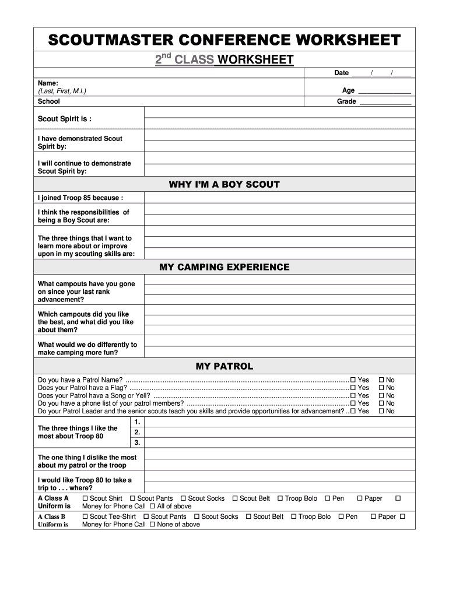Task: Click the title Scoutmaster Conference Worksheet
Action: [x=224, y=40]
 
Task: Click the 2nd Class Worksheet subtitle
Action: [x=224, y=59]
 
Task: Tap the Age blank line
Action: [x=384, y=91]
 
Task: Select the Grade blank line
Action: [x=385, y=102]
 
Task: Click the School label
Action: [x=49, y=101]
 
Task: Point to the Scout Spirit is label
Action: [x=65, y=119]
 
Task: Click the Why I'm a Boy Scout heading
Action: [x=224, y=185]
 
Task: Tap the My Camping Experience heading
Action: [x=224, y=268]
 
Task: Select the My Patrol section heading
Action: [x=224, y=367]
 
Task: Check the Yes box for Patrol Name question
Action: [x=353, y=380]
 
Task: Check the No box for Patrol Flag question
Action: [x=381, y=388]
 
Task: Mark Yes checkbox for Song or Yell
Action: [x=353, y=396]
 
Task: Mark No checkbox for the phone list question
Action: [x=381, y=403]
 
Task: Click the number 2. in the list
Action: [x=137, y=433]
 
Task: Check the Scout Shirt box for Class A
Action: [x=85, y=498]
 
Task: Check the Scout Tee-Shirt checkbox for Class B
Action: [x=85, y=517]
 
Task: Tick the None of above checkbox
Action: [x=153, y=525]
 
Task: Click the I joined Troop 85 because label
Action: [x=80, y=198]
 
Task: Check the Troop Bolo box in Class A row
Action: [x=280, y=498]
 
